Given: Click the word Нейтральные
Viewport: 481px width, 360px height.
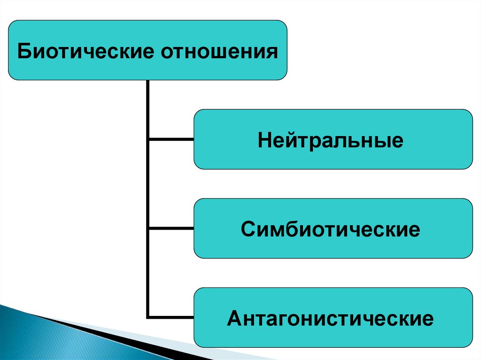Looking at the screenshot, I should point(330,140).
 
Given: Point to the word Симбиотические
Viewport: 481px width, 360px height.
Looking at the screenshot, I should point(330,230).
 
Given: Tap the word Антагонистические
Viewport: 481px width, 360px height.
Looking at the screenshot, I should point(330,319).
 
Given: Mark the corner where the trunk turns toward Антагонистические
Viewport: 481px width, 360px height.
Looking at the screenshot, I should point(148,317).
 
